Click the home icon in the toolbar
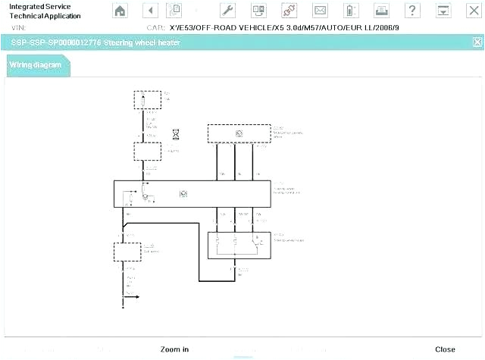(120, 11)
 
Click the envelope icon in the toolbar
(320, 11)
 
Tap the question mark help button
(411, 11)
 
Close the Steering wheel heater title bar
(477, 42)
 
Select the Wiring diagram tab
(36, 64)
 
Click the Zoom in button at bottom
(174, 349)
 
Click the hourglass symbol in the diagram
(176, 133)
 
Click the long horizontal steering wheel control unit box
(192, 194)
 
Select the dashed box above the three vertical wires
(239, 133)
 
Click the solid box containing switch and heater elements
(239, 244)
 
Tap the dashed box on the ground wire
(127, 252)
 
